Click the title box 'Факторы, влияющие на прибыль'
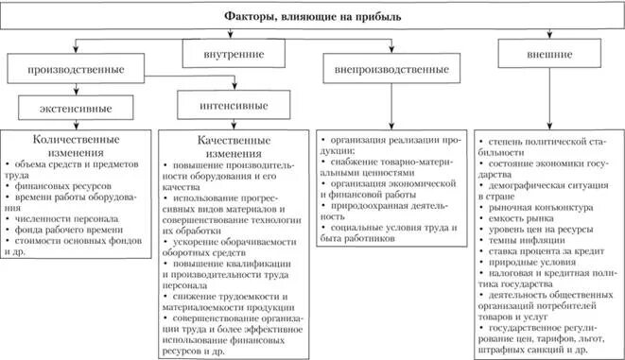click(x=312, y=17)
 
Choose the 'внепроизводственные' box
click(x=391, y=69)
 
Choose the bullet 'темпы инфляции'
click(x=524, y=243)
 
